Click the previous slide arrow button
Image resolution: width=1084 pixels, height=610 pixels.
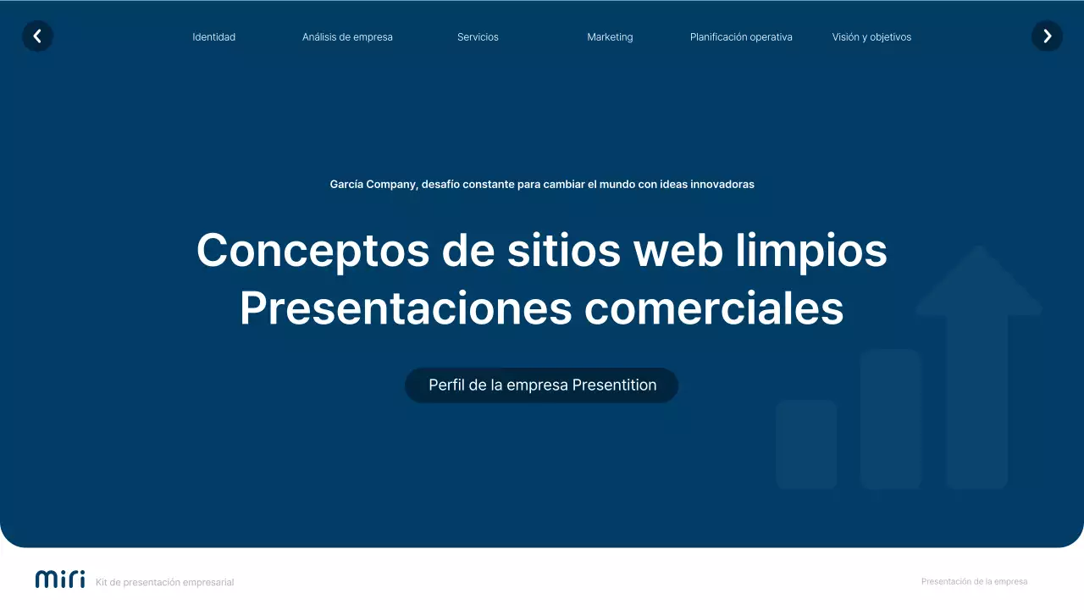point(37,36)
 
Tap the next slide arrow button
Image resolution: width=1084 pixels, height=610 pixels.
point(1047,36)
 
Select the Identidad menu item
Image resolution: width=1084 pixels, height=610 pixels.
point(213,37)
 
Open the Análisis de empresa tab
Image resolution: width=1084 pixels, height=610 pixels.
point(347,37)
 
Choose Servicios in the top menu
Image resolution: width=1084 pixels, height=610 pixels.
point(478,37)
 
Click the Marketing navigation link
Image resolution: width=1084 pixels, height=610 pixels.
point(610,37)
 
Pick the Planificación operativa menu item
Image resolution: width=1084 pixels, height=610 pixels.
point(741,37)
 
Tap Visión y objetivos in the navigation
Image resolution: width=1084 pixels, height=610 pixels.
point(871,37)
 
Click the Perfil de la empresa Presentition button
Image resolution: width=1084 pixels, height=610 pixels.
point(542,385)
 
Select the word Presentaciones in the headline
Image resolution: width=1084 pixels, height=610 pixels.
point(406,308)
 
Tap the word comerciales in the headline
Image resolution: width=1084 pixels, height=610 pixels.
point(714,308)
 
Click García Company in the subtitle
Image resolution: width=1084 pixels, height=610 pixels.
point(373,185)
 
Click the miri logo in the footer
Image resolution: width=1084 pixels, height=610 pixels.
point(60,579)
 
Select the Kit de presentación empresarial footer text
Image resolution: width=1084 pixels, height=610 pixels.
point(164,583)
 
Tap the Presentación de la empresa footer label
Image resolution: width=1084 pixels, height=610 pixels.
point(974,582)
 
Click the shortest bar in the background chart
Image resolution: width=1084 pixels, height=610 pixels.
point(806,444)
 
